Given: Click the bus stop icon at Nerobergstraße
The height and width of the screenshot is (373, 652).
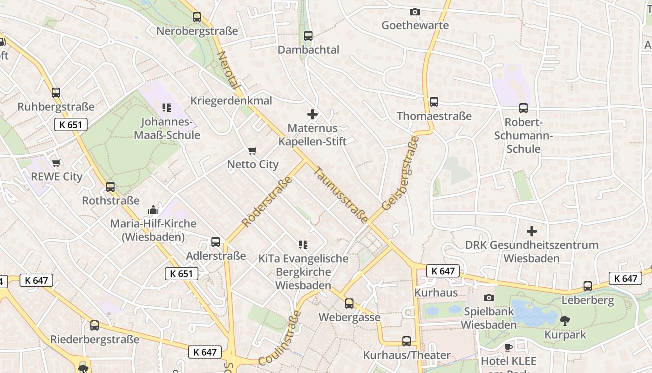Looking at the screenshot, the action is pos(197,18).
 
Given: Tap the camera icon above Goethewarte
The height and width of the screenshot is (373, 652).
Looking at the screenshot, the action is pos(414,12).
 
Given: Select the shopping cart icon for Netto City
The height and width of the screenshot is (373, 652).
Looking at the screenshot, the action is pos(252,151).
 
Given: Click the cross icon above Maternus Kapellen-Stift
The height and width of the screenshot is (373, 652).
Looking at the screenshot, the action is pos(312,114).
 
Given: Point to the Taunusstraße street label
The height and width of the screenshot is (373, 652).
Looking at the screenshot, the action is pos(342,195).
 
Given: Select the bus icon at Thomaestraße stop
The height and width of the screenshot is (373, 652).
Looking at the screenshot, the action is pos(434,102).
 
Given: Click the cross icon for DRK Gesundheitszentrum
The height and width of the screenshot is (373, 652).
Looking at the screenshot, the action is pos(531,231).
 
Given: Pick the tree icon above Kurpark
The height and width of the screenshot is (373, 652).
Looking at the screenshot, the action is pos(565,321).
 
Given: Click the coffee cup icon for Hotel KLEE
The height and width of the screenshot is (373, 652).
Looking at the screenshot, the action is pos(509,347).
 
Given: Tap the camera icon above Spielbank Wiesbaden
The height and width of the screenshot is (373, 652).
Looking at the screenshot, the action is pos(489,297).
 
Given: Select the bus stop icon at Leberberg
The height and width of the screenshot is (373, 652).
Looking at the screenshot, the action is pos(588,286).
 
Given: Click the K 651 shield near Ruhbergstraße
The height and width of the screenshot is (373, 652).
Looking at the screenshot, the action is pos(70,124).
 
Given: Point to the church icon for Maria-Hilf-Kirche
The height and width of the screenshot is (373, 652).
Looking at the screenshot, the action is pos(153,210).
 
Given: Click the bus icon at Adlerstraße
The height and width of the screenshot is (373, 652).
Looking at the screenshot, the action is pos(216,242).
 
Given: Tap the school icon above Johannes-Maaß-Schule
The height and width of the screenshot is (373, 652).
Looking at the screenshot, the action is pos(167,108).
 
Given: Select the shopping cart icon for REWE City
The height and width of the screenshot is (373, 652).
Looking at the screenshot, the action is pos(56,163).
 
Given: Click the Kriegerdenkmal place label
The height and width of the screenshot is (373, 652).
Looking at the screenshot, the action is pos(231,101).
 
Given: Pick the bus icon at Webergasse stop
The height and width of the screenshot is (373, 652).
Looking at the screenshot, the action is pos(349,304).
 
